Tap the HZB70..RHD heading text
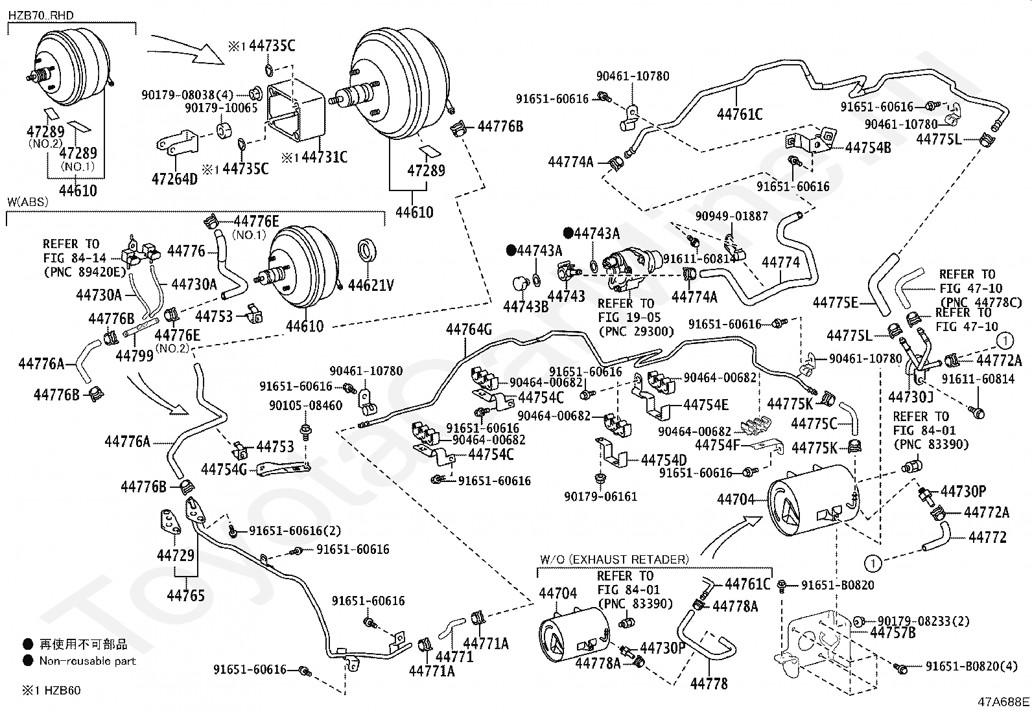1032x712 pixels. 41,15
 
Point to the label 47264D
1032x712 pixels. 174,178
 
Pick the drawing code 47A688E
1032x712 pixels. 1004,700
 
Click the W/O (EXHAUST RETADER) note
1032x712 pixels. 614,559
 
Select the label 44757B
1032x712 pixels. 893,632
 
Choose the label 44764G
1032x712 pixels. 469,330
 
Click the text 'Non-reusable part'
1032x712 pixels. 88,661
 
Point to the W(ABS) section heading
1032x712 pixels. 28,201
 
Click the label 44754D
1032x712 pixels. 664,460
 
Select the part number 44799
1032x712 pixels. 134,355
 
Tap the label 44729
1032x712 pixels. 175,555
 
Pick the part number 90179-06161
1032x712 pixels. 600,496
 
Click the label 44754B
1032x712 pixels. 868,148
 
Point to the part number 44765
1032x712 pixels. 185,595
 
